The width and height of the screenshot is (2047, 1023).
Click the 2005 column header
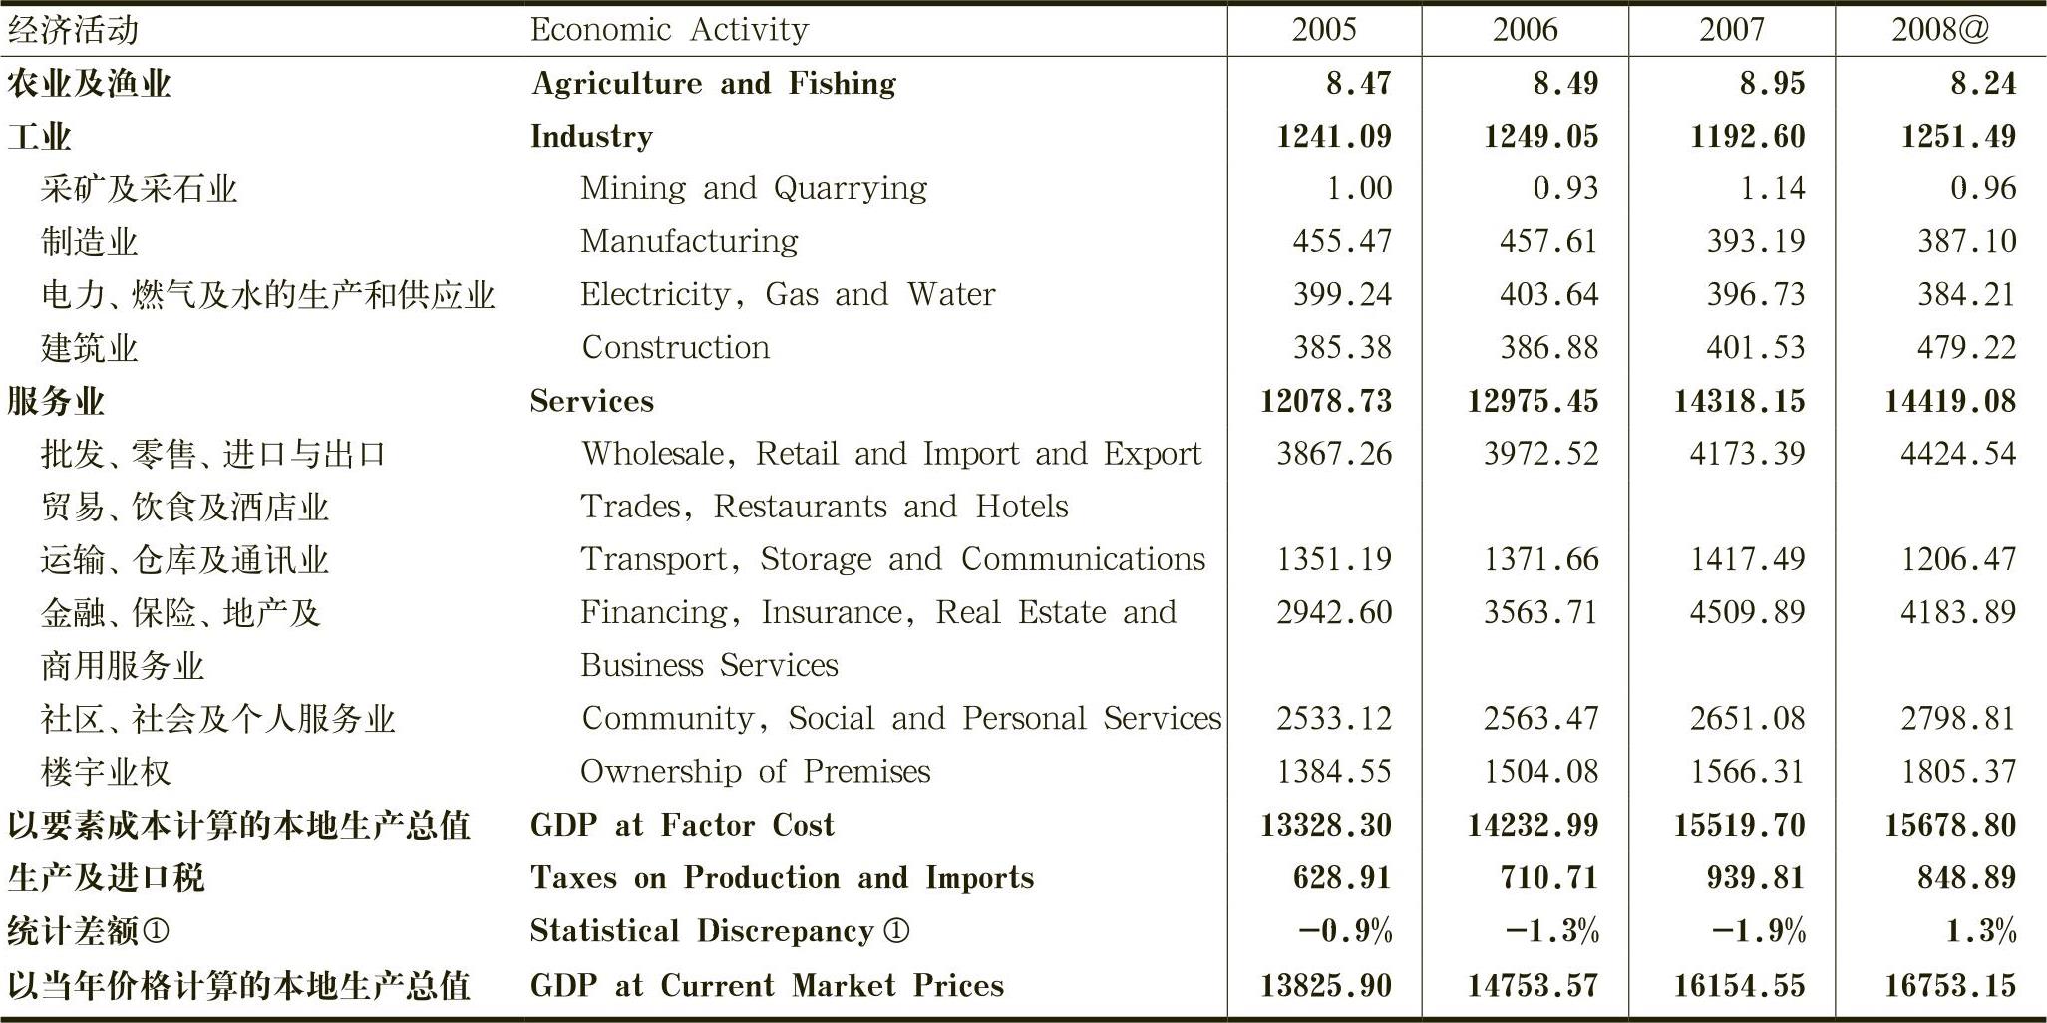[1324, 30]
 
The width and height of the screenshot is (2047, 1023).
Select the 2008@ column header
[1940, 30]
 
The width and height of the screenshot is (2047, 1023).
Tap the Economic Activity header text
[669, 30]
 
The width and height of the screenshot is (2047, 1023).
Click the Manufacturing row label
[689, 241]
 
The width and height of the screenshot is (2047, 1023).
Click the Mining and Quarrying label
[754, 188]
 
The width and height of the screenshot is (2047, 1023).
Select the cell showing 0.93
[1565, 188]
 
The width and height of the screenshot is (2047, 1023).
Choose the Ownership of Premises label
[755, 771]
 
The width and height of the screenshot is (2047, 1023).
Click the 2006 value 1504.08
[1540, 771]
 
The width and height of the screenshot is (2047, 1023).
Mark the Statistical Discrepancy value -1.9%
[1759, 931]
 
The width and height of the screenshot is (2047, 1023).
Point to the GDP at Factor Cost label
[682, 825]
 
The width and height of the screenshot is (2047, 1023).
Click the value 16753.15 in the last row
[1950, 985]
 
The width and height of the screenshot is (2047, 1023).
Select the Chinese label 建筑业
[89, 348]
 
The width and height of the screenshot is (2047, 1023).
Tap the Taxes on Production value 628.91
[1342, 877]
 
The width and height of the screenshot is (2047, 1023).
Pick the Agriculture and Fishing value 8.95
[1772, 83]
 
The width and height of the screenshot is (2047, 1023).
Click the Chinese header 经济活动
[72, 30]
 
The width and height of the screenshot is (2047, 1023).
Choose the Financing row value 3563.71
[1540, 612]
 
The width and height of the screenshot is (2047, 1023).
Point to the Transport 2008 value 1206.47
[1958, 559]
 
